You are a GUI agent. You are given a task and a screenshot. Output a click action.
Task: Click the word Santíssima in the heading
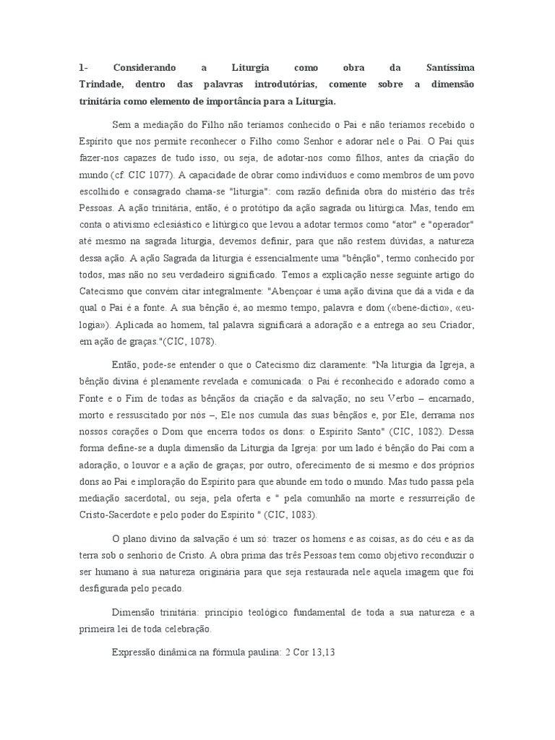pyautogui.click(x=447, y=68)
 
